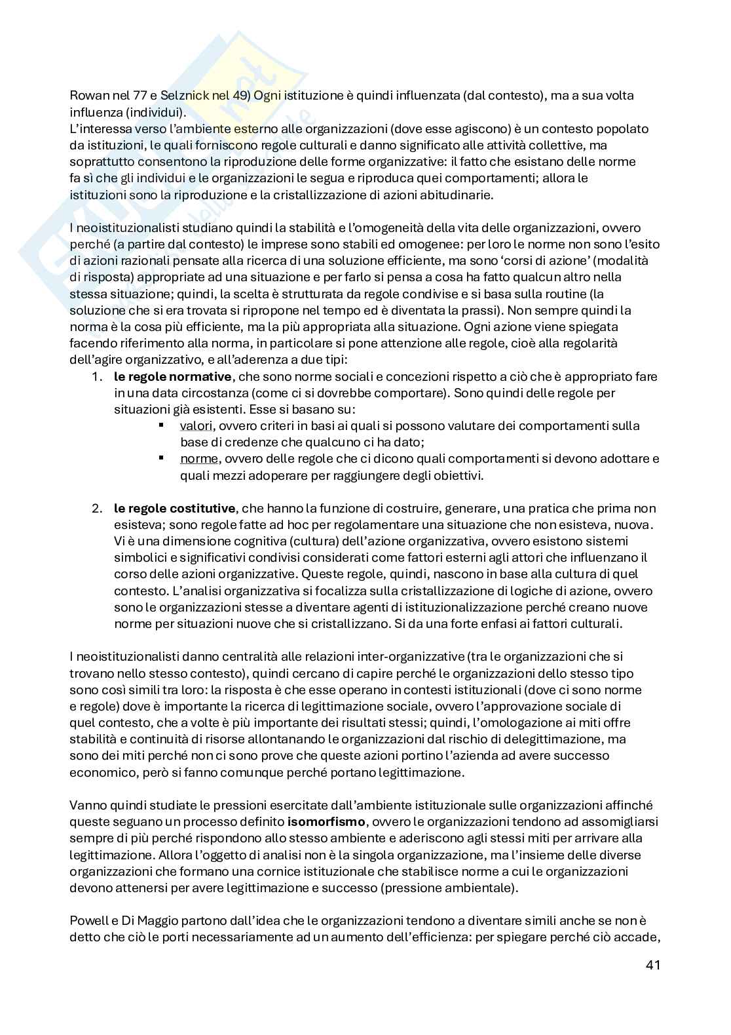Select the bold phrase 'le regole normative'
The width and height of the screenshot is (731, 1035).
point(172,377)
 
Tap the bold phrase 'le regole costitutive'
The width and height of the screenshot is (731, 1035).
point(174,509)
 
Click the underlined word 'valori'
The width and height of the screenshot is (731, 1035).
point(197,426)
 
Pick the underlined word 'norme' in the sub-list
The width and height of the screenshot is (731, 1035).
point(198,459)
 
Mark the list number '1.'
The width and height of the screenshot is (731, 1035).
point(97,377)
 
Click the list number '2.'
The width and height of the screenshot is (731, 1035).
point(97,509)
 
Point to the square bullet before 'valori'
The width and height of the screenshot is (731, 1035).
point(161,425)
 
